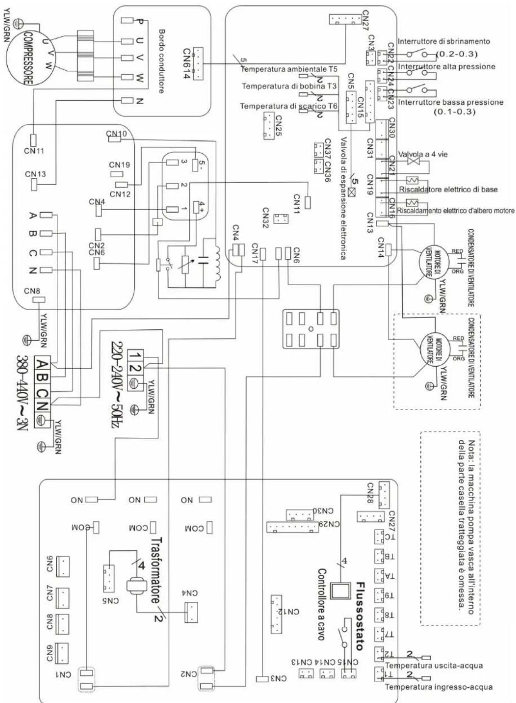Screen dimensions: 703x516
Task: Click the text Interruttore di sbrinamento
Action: click(x=444, y=42)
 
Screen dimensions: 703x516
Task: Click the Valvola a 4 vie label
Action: click(x=423, y=154)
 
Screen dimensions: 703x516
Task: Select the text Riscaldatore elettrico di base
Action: click(x=448, y=189)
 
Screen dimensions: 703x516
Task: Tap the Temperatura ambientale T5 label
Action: click(x=289, y=69)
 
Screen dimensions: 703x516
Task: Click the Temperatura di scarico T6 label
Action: click(x=289, y=106)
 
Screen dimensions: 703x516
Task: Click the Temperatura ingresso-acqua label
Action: click(x=438, y=687)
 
